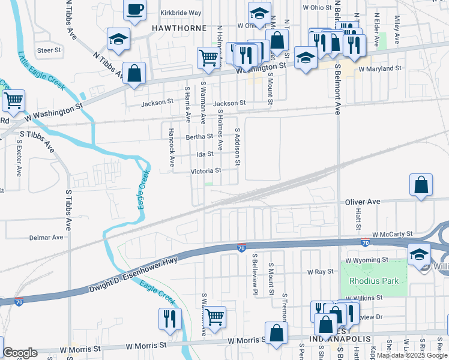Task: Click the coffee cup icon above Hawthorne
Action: [134, 10]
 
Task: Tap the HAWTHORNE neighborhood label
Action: [179, 28]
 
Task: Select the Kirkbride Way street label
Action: [181, 13]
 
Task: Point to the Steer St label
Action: [49, 50]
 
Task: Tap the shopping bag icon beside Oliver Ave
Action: [421, 186]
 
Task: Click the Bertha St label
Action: [199, 137]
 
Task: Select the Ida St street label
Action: [205, 154]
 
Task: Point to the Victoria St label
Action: [206, 171]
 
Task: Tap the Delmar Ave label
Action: [46, 238]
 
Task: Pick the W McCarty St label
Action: [393, 234]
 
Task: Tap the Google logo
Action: [20, 353]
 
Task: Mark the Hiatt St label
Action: [358, 215]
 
